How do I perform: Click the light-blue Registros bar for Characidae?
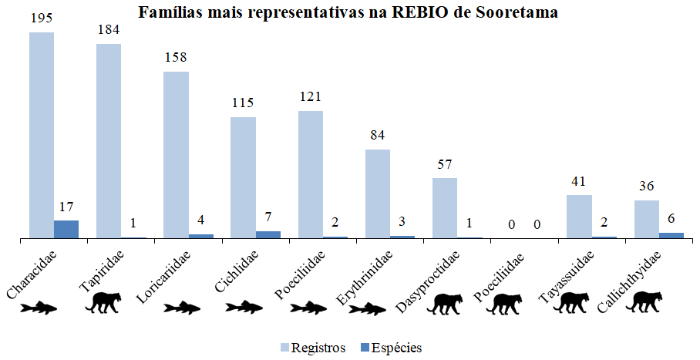[42, 136]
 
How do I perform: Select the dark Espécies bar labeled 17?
[66, 229]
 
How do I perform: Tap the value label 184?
[108, 30]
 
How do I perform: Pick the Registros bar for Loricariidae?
[176, 155]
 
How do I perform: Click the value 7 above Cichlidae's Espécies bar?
[268, 217]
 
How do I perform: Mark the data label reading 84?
[377, 136]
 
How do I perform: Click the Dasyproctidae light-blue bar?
[444, 208]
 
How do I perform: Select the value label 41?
[578, 181]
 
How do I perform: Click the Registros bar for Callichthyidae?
[646, 220]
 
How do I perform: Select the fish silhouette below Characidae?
[41, 308]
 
